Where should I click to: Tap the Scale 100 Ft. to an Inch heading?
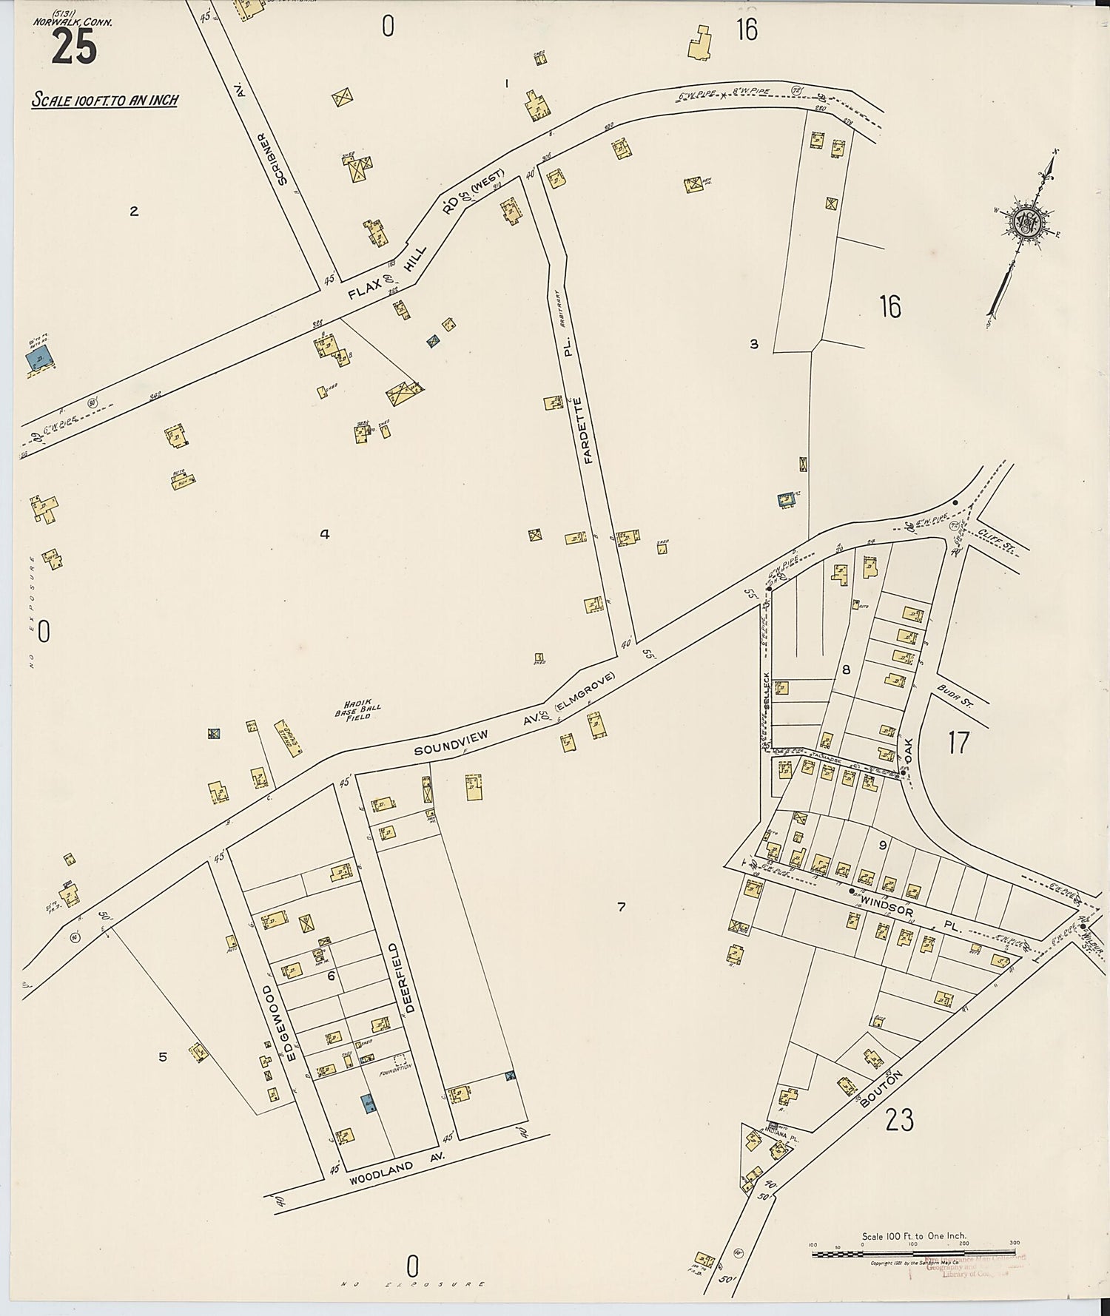[104, 100]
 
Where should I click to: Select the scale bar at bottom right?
[913, 1252]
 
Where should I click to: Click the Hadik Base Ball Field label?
[352, 711]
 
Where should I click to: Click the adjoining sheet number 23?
[899, 1121]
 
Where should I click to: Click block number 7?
[621, 906]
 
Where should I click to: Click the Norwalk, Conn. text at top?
[73, 22]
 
